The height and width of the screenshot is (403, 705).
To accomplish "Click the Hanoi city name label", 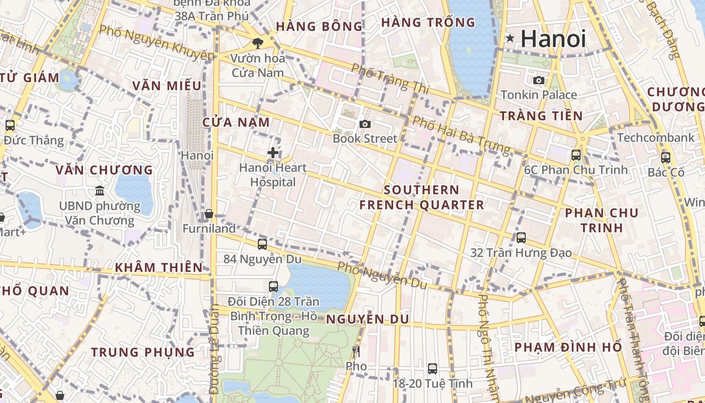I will point(553,39).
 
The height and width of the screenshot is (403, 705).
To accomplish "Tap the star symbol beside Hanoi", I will point(510,38).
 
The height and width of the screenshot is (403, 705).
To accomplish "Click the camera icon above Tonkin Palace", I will point(539,80).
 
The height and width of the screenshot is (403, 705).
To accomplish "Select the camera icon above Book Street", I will point(365,124).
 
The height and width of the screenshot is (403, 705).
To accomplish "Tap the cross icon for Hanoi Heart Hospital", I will point(273,152).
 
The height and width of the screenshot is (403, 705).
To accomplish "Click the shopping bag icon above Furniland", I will point(209,214).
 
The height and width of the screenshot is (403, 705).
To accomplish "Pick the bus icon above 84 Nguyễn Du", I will point(262,244).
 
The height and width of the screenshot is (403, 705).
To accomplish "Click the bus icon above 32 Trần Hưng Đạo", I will point(521,237).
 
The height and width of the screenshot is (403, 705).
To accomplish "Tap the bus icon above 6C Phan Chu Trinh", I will point(576,155).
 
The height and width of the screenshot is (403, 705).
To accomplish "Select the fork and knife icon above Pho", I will point(356,351).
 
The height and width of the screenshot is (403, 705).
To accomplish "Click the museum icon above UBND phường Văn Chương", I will point(100,191).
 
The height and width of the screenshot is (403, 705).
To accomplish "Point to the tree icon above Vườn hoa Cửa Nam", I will point(258,43).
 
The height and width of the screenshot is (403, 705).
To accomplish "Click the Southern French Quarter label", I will point(421,197).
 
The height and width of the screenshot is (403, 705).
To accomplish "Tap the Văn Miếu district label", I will point(167,86).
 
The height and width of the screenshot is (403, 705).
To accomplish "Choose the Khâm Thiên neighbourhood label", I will point(159,267).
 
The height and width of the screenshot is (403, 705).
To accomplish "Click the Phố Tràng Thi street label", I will point(390,79).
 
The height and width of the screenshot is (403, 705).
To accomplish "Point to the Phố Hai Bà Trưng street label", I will point(461,134).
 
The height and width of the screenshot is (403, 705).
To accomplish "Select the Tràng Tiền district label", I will point(541,116).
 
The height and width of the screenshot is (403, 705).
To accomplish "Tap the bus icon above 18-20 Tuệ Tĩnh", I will point(432,368).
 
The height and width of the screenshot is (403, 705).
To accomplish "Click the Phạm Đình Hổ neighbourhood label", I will point(568,347).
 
